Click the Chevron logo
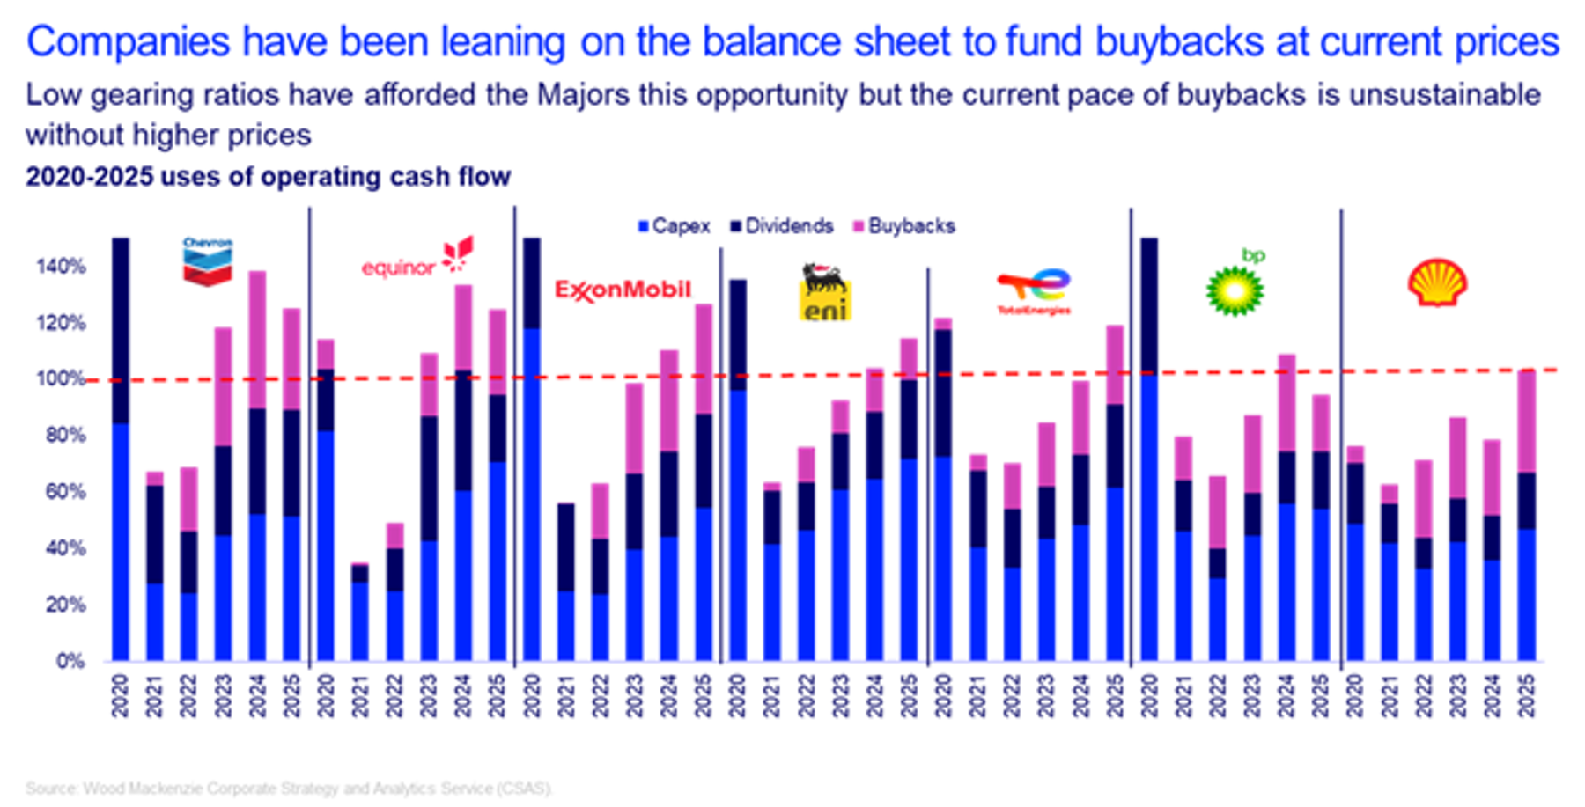coord(208,261)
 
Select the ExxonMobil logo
coord(623,290)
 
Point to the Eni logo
coord(825,292)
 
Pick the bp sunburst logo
coord(1235,283)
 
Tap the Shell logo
coord(1436,282)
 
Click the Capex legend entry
coord(675,226)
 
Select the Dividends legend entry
coord(781,226)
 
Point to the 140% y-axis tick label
coord(61,267)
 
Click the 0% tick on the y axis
coord(70,661)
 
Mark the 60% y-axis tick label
coord(61,492)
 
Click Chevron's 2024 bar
coord(257,466)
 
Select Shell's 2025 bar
coord(1527,515)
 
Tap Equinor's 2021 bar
coord(359,612)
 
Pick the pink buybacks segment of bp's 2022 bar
coord(1217,512)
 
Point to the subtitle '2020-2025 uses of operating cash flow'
coord(268,177)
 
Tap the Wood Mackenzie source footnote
coord(289,788)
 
